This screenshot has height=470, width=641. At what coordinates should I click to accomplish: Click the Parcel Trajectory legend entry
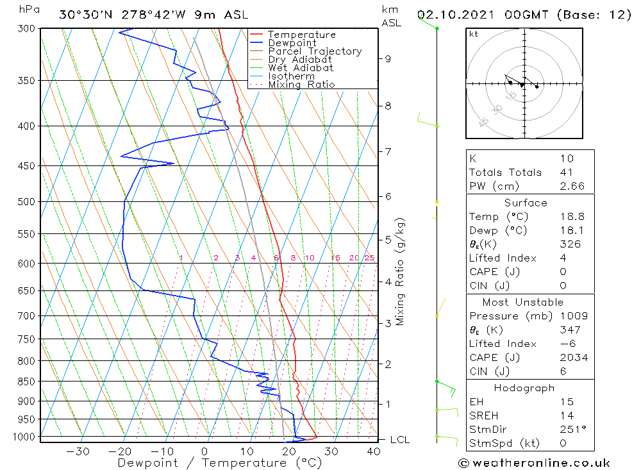pyautogui.click(x=314, y=51)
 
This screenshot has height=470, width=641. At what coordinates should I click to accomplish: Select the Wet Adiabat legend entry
pyautogui.click(x=300, y=68)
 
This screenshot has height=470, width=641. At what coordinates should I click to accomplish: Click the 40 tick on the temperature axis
pyautogui.click(x=374, y=451)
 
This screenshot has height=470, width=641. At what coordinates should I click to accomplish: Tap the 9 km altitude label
pyautogui.click(x=388, y=59)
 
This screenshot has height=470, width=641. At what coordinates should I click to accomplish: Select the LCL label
pyautogui.click(x=399, y=440)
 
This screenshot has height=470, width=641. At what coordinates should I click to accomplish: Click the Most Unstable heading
pyautogui.click(x=523, y=302)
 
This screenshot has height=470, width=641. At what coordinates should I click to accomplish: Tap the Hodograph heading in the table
pyautogui.click(x=524, y=388)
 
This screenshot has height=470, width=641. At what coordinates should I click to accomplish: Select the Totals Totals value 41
pyautogui.click(x=566, y=172)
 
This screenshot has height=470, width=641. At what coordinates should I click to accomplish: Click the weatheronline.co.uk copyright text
pyautogui.click(x=534, y=463)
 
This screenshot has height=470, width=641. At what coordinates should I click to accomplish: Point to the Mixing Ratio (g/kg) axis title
pyautogui.click(x=401, y=271)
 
